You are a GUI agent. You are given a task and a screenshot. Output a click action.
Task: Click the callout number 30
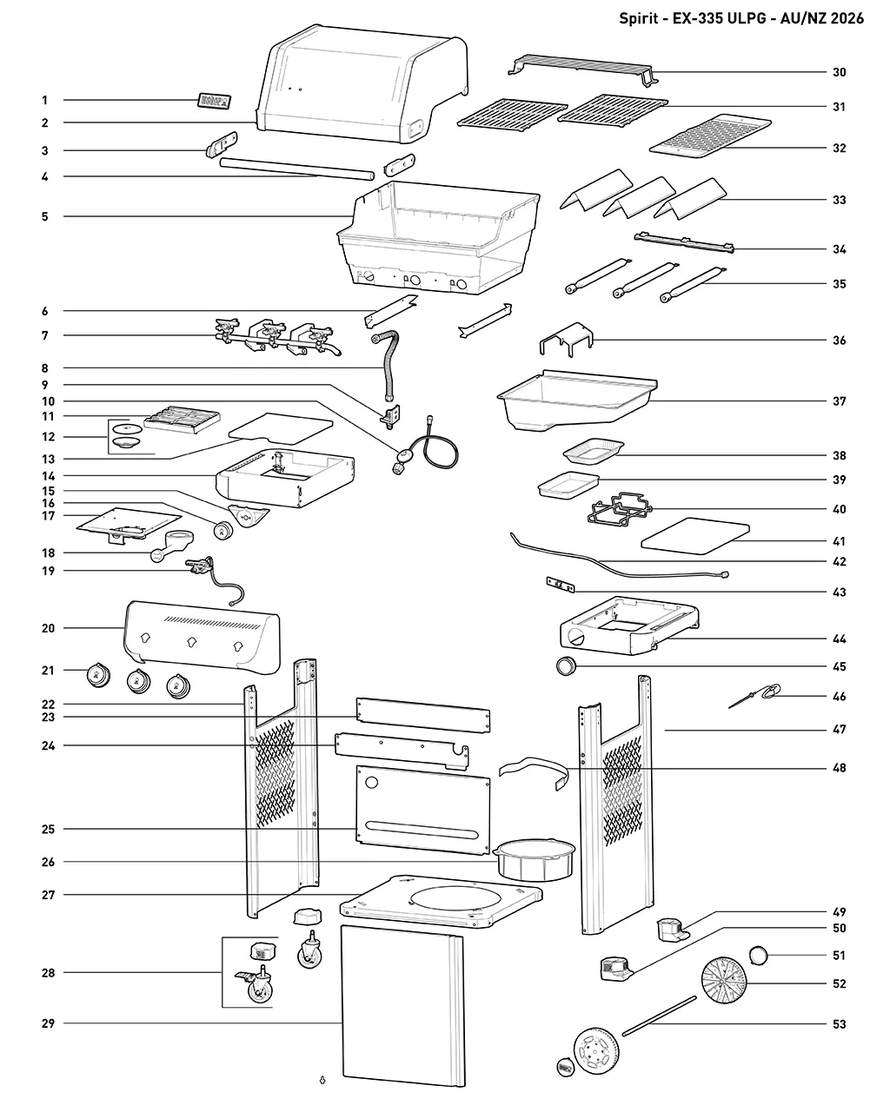pos(839,72)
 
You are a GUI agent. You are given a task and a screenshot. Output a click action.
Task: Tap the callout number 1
pos(45,100)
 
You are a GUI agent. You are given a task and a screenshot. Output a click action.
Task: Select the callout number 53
pos(839,1024)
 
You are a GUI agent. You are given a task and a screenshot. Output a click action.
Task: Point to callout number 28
pos(48,973)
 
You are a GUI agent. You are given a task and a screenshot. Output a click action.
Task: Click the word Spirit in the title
pos(639,18)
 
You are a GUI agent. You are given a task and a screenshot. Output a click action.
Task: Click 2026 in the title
pos(847,18)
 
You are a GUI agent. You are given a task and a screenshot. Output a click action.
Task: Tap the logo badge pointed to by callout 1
pos(214,101)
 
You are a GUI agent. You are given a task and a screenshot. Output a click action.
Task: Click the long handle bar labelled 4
pos(297,170)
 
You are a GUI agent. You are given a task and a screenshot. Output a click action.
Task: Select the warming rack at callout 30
pos(583,69)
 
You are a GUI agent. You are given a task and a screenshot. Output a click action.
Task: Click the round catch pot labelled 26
pos(535,860)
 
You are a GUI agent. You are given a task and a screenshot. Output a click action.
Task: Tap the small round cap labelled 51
pos(759,955)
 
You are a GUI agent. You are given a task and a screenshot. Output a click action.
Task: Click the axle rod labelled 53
pos(660,1016)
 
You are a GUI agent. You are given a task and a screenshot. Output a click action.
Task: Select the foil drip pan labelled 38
pos(593,451)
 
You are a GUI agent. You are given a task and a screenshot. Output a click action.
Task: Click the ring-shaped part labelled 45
pos(567,666)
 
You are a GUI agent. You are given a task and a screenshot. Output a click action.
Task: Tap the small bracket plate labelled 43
pos(561,585)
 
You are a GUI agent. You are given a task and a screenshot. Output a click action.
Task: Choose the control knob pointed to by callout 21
pos(98,675)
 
